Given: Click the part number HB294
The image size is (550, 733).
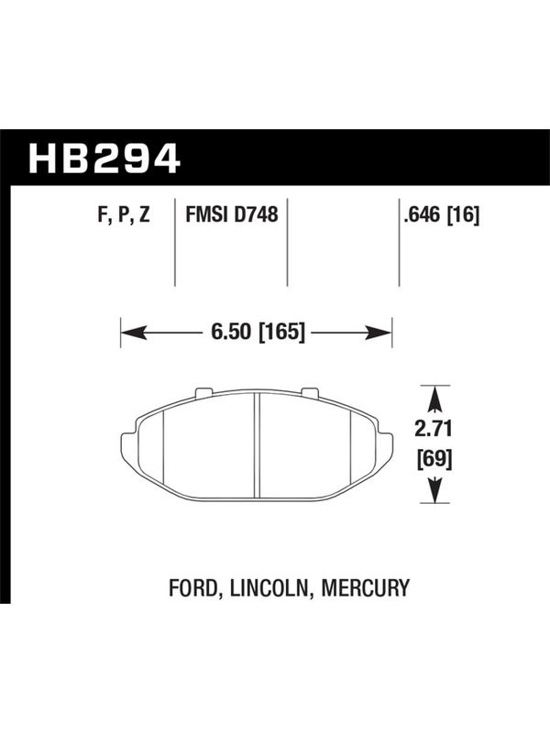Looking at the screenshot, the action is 104,159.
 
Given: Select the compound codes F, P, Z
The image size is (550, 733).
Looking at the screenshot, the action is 124,215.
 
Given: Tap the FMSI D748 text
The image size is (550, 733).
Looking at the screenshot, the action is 232,214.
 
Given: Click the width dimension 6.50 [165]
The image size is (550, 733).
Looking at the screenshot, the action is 258,332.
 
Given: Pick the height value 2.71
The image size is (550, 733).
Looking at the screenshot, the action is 434,429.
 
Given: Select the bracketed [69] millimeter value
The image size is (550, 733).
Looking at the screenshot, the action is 434,460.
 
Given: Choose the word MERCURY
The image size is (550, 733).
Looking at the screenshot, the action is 365,587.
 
